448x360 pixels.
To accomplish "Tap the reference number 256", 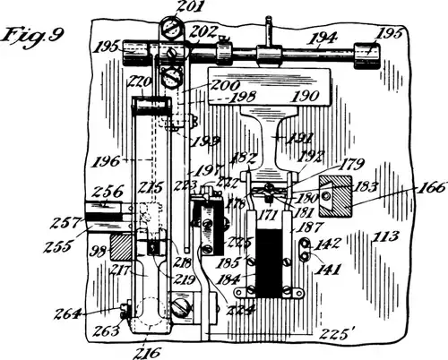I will click(107, 190).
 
